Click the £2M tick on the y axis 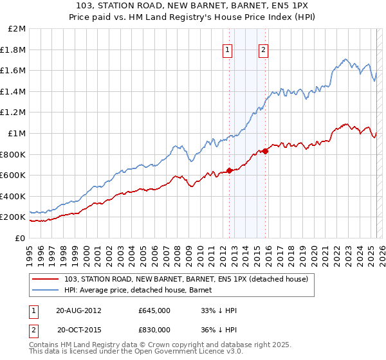pyautogui.click(x=17, y=29)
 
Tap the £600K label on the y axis pyautogui.click(x=13, y=175)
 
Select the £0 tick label pyautogui.click(x=21, y=238)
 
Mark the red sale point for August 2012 pyautogui.click(x=229, y=170)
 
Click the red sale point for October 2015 pyautogui.click(x=265, y=151)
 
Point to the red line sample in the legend pyautogui.click(x=46, y=279)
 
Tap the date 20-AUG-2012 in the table pyautogui.click(x=78, y=310)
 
